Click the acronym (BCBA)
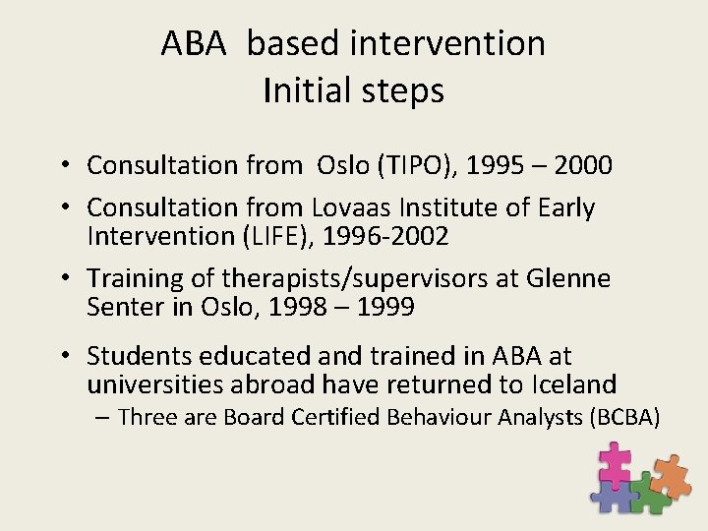pyautogui.click(x=624, y=417)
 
